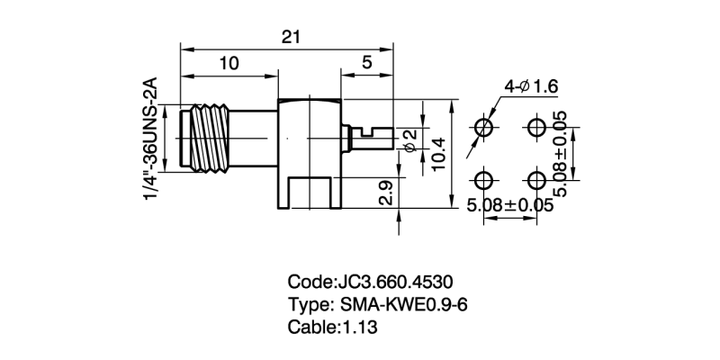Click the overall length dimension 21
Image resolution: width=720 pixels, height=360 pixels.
[x=290, y=37]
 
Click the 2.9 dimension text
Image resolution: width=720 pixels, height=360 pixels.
[x=385, y=193]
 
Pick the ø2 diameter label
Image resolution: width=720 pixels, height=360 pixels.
[x=409, y=139]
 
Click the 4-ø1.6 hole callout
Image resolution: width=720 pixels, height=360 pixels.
[x=532, y=86]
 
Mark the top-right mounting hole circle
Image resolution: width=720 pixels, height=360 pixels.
[x=537, y=125]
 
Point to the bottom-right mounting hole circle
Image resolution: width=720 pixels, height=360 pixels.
[x=537, y=178]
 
